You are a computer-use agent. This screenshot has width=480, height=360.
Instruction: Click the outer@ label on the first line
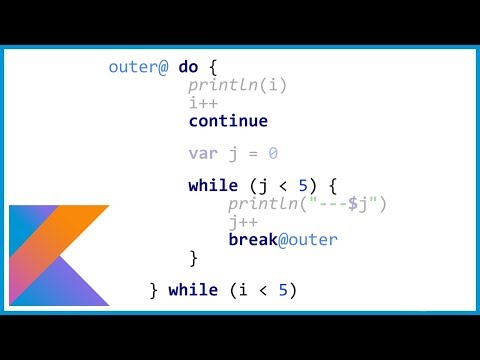[139, 68]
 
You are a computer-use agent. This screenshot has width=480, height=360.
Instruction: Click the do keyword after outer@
[188, 68]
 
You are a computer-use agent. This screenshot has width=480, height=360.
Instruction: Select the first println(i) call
[238, 86]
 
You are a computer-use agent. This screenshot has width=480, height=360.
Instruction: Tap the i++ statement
[202, 103]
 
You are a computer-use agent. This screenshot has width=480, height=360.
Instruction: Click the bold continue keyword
[228, 121]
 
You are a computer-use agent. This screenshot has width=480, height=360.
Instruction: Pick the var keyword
[202, 154]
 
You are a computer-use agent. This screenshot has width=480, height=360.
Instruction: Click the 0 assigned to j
[272, 154]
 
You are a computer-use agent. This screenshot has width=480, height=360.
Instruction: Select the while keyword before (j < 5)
[212, 187]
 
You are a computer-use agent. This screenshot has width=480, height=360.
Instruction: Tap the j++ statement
[242, 222]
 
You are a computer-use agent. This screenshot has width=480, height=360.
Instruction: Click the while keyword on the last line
[193, 290]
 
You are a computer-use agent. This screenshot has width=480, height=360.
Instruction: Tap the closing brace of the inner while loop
[193, 258]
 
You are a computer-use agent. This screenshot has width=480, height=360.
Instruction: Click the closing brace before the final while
[154, 290]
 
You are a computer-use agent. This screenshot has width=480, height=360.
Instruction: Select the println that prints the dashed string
[262, 205]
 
